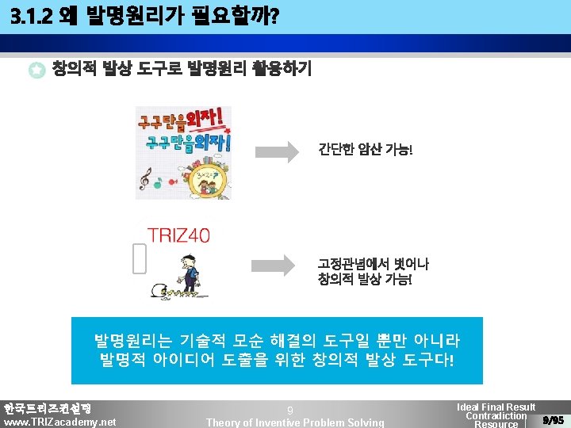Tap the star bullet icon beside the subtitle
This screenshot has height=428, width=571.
(36, 71)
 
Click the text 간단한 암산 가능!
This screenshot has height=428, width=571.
(366, 149)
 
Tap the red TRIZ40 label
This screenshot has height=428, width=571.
(178, 235)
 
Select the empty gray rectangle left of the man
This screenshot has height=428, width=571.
(140, 258)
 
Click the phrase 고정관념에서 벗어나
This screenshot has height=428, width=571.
(372, 263)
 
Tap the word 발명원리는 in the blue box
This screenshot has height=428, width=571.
(132, 341)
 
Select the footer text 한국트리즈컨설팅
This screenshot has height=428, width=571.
(47, 408)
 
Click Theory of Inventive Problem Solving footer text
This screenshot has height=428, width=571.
(295, 422)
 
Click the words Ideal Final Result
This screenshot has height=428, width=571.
(496, 407)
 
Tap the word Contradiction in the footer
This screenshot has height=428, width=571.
(496, 416)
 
